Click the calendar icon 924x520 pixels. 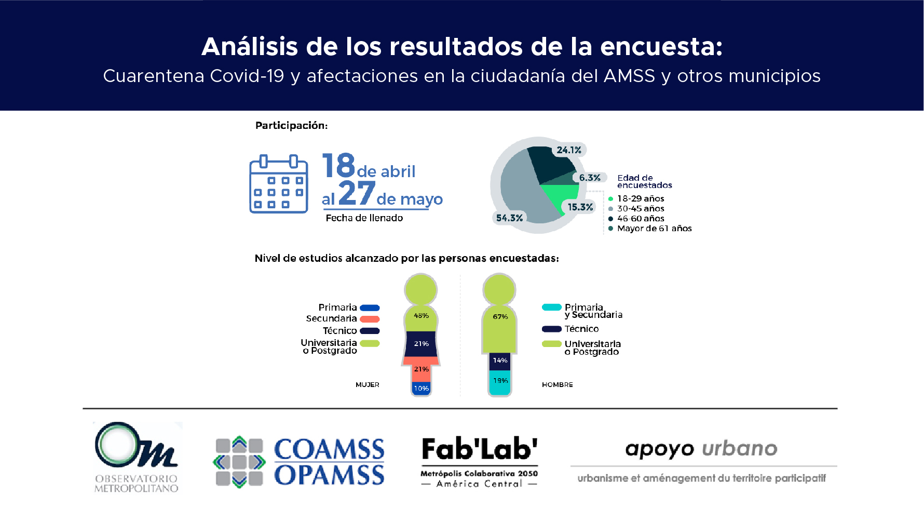279,184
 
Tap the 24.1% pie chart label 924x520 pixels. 569,150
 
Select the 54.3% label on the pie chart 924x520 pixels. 509,218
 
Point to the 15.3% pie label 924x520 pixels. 580,207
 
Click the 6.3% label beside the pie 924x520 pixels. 590,178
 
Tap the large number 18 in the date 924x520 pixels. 338,165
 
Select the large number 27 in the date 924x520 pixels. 357,193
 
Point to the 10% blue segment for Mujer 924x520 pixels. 421,389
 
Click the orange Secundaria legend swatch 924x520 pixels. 370,319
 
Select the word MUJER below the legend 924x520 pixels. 368,385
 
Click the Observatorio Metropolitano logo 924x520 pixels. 137,457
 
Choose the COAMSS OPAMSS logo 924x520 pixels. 299,462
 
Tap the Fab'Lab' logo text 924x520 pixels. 480,449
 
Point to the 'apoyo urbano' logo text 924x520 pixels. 701,449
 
